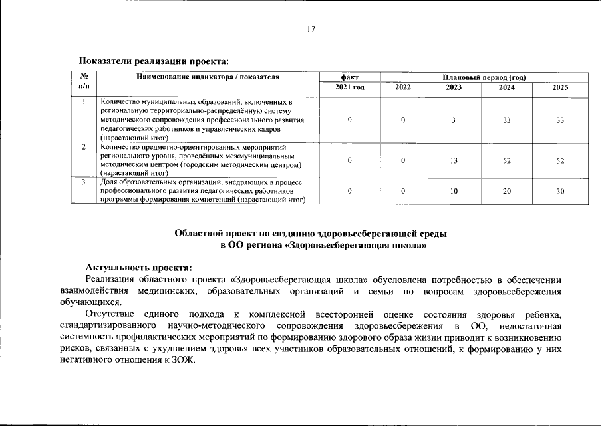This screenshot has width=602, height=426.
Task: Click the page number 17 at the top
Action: coord(311,29)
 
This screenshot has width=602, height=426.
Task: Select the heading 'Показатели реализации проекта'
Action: coord(154,61)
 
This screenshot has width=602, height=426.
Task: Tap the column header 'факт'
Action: coord(349,77)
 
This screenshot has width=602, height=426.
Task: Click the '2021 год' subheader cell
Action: coord(349,87)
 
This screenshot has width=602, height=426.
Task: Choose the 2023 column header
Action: coord(453,87)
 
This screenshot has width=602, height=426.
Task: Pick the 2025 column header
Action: coord(560,87)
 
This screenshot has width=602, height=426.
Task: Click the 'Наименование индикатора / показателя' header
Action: coord(208,77)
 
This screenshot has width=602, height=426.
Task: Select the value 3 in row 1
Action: coord(453,120)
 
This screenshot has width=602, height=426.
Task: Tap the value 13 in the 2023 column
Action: coord(453,160)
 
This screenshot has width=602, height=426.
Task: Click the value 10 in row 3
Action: coord(453,191)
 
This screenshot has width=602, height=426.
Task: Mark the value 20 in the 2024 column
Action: coord(506,191)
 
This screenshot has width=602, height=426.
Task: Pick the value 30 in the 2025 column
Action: coord(560,191)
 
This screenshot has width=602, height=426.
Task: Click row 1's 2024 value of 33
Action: coord(506,120)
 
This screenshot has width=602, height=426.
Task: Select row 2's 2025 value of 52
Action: coord(560,160)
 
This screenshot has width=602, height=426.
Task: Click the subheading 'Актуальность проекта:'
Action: coord(138,266)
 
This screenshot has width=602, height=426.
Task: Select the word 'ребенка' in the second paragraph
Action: coord(543,314)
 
